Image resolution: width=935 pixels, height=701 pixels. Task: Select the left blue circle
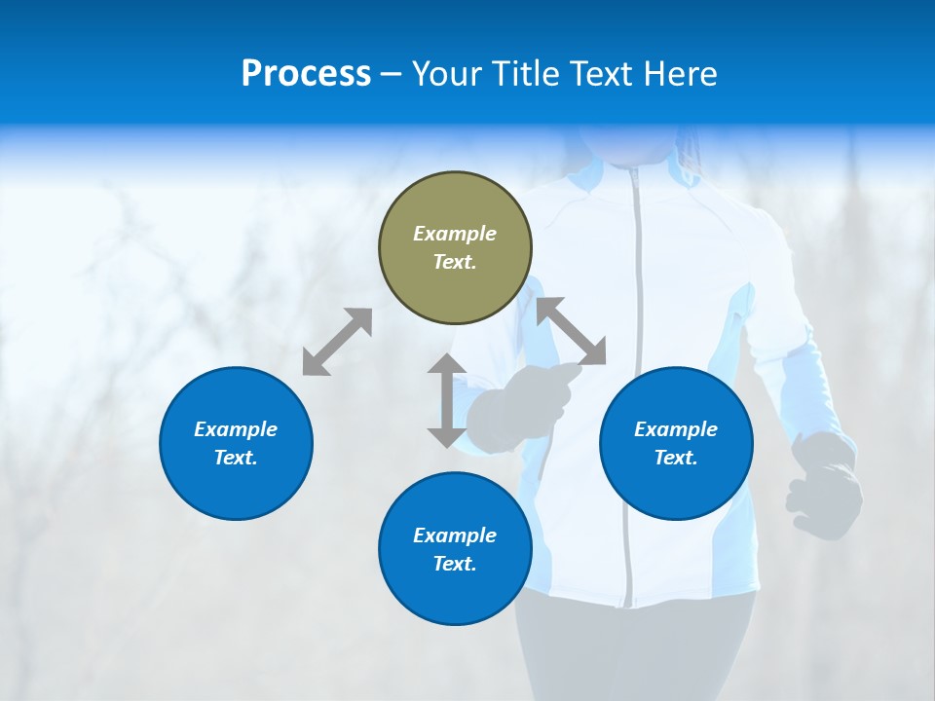coord(236,443)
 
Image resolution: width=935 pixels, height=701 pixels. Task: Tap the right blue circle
coord(676,443)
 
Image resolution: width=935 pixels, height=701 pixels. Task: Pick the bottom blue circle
coord(455,549)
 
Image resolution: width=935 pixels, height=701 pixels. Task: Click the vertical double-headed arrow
coord(447,400)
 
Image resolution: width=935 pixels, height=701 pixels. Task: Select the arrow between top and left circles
coord(337,342)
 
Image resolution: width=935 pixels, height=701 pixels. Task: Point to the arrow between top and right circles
coord(572,332)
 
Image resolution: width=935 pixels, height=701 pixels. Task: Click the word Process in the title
coord(306,74)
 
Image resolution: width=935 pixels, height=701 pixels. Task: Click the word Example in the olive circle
coord(455,234)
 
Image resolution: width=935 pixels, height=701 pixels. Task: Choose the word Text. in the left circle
coord(236,458)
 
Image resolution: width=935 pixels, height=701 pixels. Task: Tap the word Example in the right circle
coord(676,429)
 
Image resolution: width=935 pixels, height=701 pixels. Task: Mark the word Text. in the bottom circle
coord(455,564)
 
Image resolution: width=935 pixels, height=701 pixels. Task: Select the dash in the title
coord(392,74)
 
